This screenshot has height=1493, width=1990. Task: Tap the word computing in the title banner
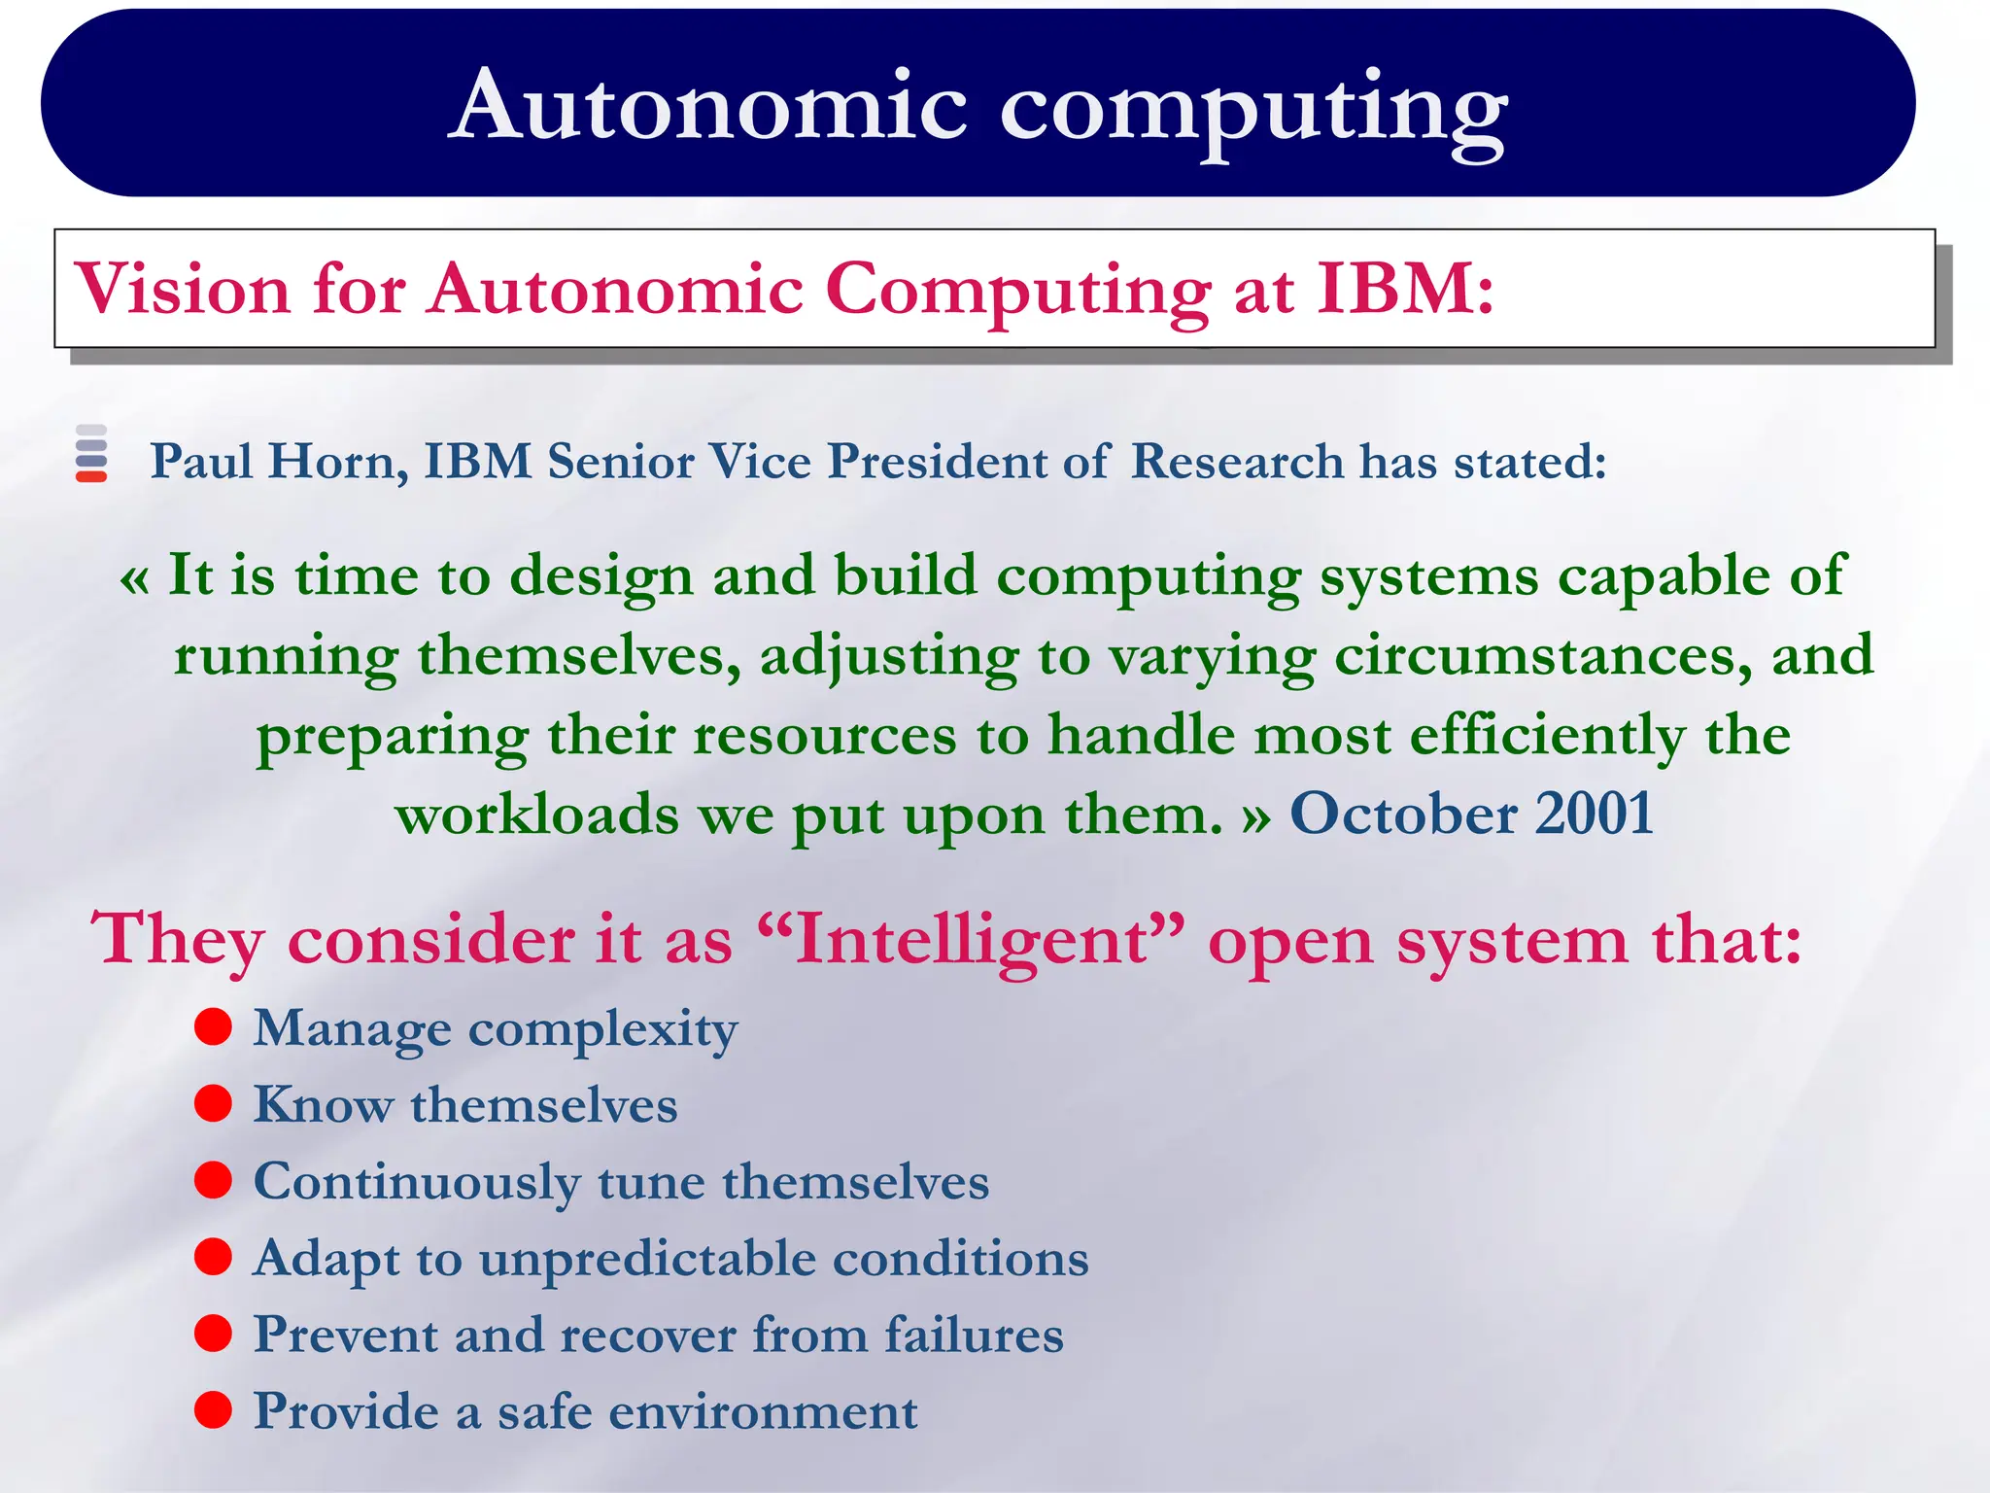point(1253,109)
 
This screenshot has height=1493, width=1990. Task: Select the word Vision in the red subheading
point(183,290)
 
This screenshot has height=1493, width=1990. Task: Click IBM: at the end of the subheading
point(1404,290)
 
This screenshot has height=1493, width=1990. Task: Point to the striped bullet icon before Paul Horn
point(91,453)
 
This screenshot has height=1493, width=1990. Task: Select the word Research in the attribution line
point(1237,461)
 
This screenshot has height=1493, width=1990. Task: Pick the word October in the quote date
point(1403,814)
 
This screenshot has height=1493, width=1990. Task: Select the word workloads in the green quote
point(536,814)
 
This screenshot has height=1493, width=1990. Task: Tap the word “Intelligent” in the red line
point(971,940)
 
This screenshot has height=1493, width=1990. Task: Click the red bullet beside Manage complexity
point(213,1026)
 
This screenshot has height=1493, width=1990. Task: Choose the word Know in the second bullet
point(323,1105)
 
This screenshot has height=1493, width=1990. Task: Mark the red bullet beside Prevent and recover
point(213,1334)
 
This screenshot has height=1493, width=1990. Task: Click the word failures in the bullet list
point(974,1335)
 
